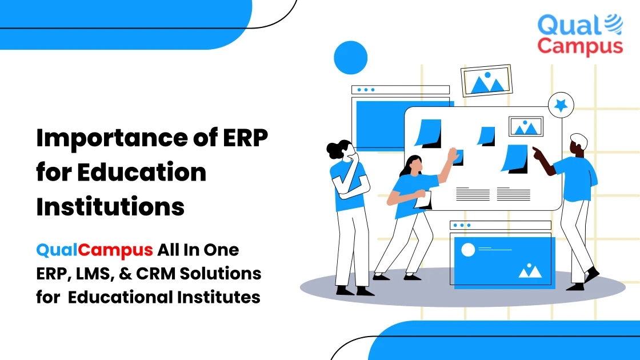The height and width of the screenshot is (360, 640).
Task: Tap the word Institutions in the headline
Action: click(110, 206)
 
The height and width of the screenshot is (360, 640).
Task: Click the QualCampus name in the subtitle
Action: click(95, 250)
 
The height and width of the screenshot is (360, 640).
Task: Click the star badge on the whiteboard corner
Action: click(561, 105)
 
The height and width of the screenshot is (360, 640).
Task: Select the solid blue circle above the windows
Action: click(350, 58)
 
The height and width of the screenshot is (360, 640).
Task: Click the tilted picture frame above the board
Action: click(487, 81)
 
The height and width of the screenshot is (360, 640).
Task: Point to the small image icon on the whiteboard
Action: click(526, 126)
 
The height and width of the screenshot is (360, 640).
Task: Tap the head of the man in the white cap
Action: click(578, 145)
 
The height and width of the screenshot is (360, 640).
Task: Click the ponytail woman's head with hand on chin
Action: click(343, 151)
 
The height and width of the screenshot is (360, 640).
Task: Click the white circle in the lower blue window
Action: click(468, 250)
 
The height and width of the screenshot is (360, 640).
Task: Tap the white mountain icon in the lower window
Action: click(530, 270)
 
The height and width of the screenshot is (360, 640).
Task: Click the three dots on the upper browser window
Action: click(365, 90)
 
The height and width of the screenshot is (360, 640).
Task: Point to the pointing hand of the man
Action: click(537, 151)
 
